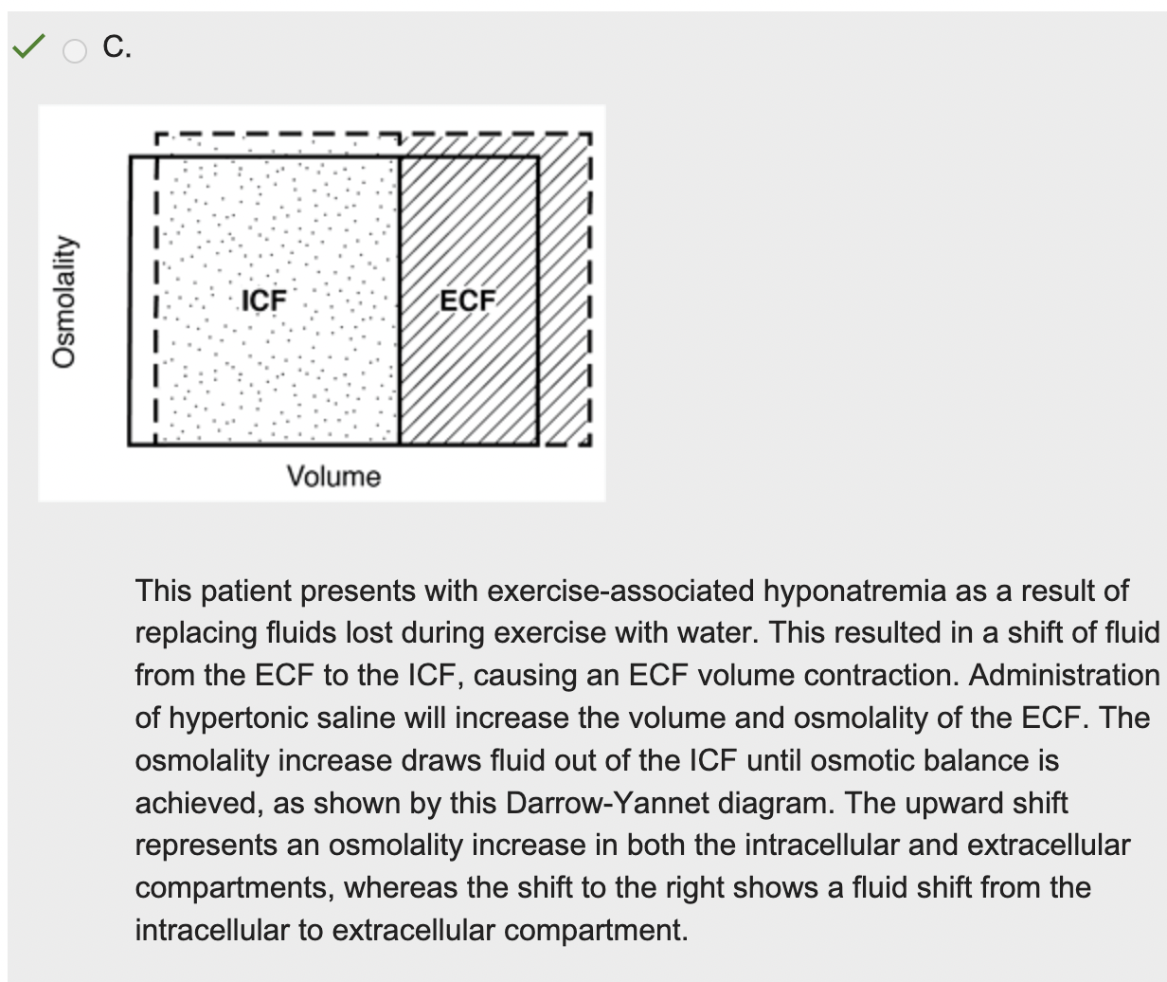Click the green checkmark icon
click(x=28, y=45)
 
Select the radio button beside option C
click(x=75, y=50)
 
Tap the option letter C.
click(x=117, y=46)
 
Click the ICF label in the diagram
click(x=263, y=300)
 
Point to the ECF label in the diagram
click(x=468, y=300)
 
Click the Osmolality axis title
click(x=63, y=300)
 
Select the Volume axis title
click(x=333, y=476)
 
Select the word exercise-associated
click(x=620, y=591)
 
